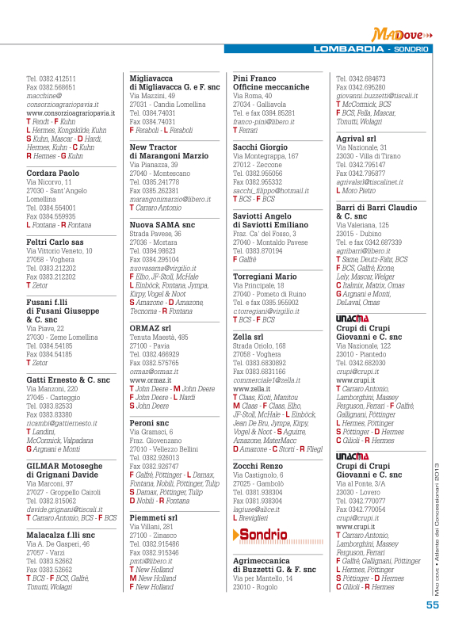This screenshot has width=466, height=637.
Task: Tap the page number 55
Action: pos(432,605)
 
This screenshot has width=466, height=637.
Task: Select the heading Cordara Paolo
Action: pos(53,173)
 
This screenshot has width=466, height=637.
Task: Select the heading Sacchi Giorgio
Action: pos(260,147)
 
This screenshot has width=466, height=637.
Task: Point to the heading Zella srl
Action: pos(248,336)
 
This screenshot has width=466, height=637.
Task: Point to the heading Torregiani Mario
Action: pos(265,277)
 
